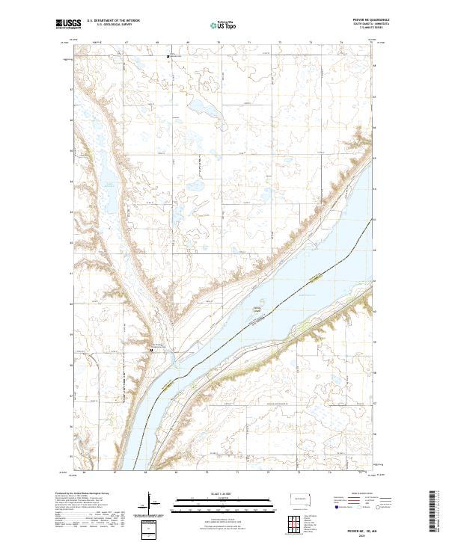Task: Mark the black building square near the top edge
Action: coord(168,55)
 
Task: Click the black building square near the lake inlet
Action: coord(151,348)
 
